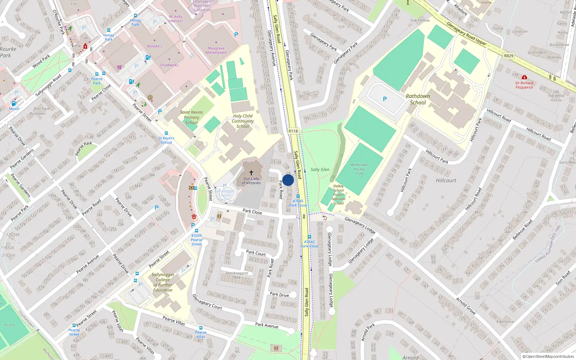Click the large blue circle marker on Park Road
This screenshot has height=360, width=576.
click(288, 180)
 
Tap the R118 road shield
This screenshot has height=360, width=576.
click(293, 131)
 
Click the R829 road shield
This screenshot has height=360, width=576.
click(508, 56)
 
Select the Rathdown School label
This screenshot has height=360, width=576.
click(418, 99)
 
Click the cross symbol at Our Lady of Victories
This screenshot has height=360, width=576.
click(251, 173)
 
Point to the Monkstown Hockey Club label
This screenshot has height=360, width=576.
click(359, 169)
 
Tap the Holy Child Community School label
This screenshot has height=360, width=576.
click(243, 121)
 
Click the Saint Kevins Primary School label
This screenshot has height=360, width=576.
click(191, 117)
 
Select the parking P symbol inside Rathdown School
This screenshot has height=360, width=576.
click(384, 99)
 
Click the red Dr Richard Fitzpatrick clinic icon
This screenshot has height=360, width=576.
click(524, 77)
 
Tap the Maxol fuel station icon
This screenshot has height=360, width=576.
click(14, 104)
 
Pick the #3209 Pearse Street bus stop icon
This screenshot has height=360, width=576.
click(196, 231)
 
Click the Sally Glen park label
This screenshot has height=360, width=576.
click(320, 170)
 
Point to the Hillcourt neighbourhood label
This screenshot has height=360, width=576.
click(446, 180)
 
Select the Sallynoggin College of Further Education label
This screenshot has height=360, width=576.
click(163, 282)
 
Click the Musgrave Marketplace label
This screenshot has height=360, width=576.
click(216, 50)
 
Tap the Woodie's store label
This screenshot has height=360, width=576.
click(154, 46)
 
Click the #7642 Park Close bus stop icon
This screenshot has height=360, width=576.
click(309, 237)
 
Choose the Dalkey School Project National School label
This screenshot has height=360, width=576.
click(338, 194)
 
